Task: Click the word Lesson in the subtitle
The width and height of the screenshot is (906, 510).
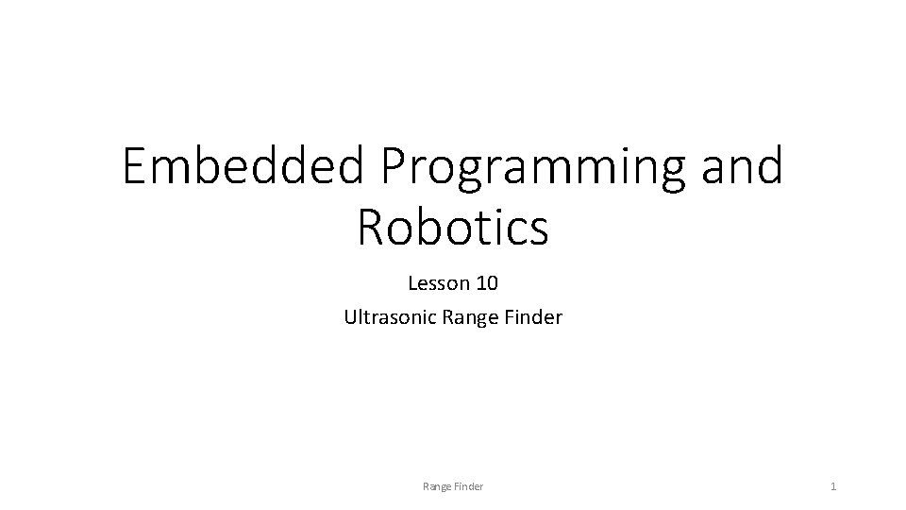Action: (x=436, y=282)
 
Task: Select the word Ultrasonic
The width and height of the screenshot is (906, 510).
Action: (x=388, y=317)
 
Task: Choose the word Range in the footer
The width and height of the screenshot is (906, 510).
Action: (x=437, y=486)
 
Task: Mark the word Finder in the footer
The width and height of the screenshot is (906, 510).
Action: (x=468, y=486)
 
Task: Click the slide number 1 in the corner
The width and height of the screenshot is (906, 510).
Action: (x=833, y=486)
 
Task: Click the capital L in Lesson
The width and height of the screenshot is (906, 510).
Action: (x=412, y=282)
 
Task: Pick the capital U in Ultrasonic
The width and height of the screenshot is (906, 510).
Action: (x=351, y=317)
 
